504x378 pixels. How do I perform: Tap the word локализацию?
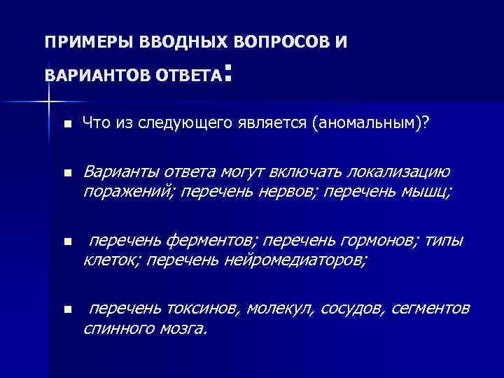(x=403, y=172)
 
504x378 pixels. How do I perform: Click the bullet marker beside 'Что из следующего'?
(x=66, y=125)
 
